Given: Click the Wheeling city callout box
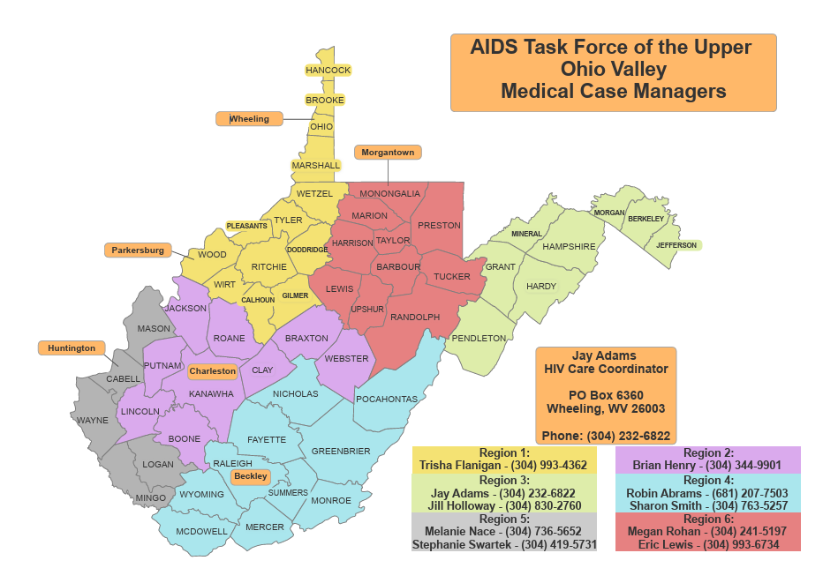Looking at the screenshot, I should point(250,119).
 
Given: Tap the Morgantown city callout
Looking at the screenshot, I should point(388,153).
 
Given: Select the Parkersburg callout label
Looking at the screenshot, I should point(137,250).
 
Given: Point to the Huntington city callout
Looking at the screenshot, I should point(72,348).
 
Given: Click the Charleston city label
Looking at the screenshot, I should point(212,371).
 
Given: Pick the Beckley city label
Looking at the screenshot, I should point(251,476).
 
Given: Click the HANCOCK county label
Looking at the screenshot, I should point(328,71).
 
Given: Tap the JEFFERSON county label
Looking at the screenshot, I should point(676,245).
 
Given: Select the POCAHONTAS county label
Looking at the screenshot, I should point(387,399).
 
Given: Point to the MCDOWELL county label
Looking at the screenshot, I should point(201,531).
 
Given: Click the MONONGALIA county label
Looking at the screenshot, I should point(389,194).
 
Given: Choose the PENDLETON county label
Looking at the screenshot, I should point(479,338).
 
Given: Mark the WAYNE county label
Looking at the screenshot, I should point(92,421).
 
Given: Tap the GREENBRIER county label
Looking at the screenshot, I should point(341,451).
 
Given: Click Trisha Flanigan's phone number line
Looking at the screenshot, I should point(503,465).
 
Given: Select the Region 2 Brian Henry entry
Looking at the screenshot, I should point(706,465).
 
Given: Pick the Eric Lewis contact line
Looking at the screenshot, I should point(706,545).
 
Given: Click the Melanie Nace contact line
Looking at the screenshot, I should point(503,532).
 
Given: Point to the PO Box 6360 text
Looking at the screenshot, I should point(606,395).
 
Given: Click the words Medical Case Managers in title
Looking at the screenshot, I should point(613,91).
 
